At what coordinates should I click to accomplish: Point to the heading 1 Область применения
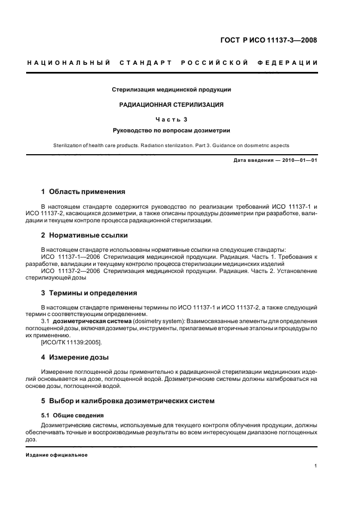[x=83, y=192]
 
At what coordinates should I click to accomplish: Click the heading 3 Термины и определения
[x=89, y=293]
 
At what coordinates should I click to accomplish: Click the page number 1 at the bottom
[x=316, y=466]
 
